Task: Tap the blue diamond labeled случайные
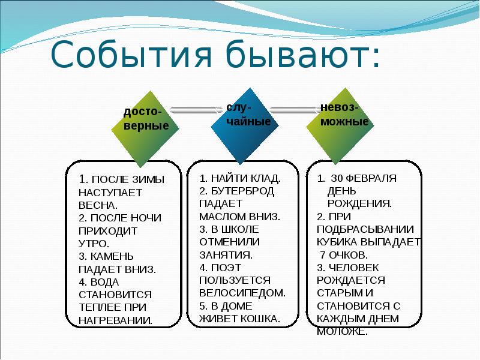[x=245, y=126]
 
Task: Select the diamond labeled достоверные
[x=145, y=129]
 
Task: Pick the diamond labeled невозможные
[x=340, y=126]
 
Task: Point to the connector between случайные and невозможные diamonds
[x=295, y=110]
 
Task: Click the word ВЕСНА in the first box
[x=97, y=205]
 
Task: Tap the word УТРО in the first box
[x=93, y=244]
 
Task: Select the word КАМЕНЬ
[x=112, y=256]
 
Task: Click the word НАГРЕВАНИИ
[x=115, y=320]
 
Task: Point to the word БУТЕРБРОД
[x=243, y=191]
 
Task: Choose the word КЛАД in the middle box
[x=265, y=178]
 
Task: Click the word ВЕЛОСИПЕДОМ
[x=242, y=293]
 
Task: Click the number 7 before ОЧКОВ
[x=323, y=255]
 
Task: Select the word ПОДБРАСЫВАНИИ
[x=365, y=229]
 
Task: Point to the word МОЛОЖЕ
[x=342, y=332]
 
